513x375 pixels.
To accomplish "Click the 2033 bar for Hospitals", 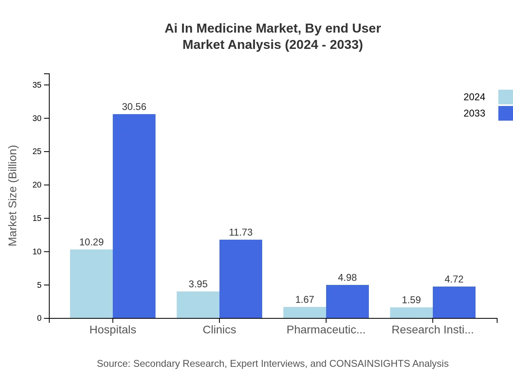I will click(x=134, y=216).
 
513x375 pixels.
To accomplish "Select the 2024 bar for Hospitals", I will click(x=91, y=284).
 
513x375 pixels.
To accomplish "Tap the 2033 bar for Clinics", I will click(x=241, y=279).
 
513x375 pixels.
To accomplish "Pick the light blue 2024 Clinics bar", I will click(x=198, y=304).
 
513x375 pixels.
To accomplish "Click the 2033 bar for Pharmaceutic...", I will click(x=347, y=302).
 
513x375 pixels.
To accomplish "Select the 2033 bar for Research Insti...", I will click(x=454, y=302).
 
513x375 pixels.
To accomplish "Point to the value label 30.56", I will click(x=134, y=107).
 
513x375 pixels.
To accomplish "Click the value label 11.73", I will click(x=241, y=232).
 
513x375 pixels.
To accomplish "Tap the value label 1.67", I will click(x=305, y=300).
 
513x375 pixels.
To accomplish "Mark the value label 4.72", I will click(x=454, y=279).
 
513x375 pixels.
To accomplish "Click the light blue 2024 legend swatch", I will click(x=505, y=97).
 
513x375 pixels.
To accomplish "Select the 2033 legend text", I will click(x=474, y=113).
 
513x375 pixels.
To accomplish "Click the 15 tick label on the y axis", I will click(x=37, y=218).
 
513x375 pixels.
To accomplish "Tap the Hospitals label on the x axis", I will click(x=113, y=329).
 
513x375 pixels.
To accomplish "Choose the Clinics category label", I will click(x=219, y=329).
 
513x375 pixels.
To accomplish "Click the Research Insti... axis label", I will click(x=432, y=329).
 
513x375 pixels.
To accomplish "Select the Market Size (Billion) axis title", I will click(x=13, y=196).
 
